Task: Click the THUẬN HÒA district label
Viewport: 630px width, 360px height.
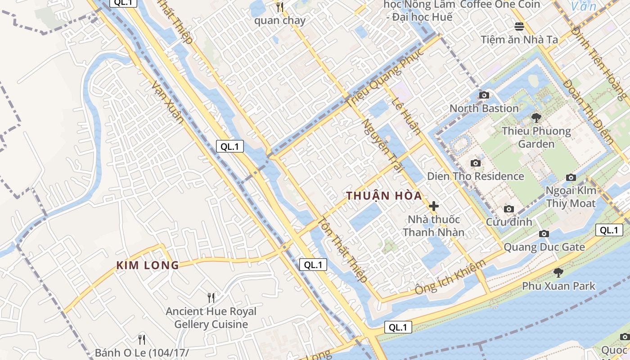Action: (x=384, y=196)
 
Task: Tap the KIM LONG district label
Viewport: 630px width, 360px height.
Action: (x=148, y=265)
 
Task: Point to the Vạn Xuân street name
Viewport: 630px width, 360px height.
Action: (x=167, y=102)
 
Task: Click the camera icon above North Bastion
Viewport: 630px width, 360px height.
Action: (x=484, y=95)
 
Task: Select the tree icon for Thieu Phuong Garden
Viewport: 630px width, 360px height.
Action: (x=536, y=118)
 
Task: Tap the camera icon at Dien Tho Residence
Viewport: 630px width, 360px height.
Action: (x=475, y=163)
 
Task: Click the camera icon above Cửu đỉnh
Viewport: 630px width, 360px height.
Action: (x=509, y=209)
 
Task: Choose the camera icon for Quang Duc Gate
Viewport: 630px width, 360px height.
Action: (x=544, y=234)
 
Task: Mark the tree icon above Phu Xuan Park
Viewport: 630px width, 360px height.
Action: (x=558, y=272)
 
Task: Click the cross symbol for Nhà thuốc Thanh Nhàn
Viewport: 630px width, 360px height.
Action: (x=434, y=206)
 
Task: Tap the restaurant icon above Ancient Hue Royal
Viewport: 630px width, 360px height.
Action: (x=211, y=297)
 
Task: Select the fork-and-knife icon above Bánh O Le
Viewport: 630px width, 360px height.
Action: (x=142, y=339)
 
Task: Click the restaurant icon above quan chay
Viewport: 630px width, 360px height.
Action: (x=279, y=7)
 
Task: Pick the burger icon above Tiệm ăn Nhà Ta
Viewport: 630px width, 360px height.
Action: (x=519, y=26)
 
